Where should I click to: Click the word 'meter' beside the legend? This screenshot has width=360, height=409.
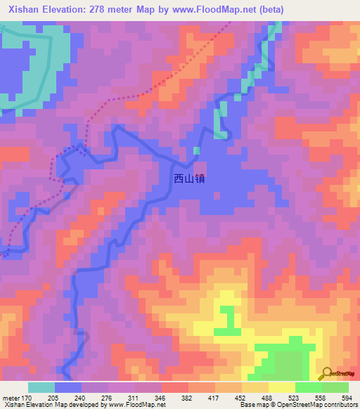click(x=11, y=398)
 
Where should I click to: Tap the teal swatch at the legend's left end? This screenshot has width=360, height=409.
click(x=41, y=387)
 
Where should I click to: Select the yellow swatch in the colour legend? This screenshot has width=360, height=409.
click(x=281, y=387)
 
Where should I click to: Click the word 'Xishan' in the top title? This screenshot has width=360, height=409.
click(x=26, y=9)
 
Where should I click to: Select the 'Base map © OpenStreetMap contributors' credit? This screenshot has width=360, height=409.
click(x=297, y=405)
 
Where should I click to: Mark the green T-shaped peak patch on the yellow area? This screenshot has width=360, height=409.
click(x=226, y=320)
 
